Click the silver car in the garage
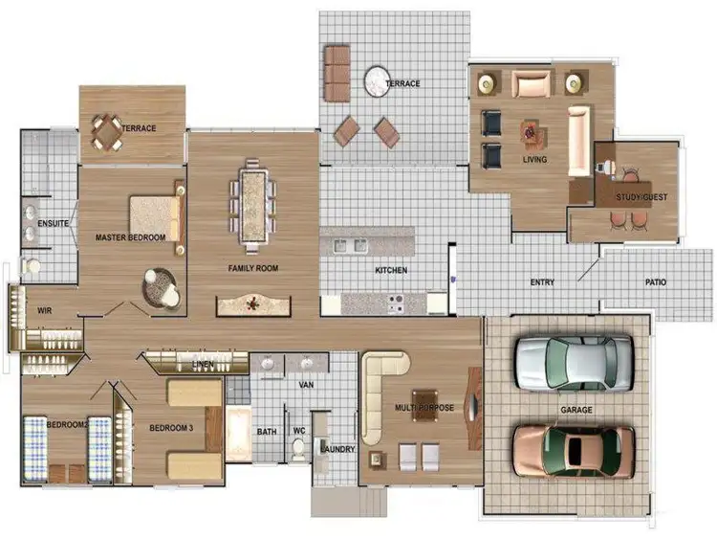point(573,362)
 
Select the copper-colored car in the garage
point(573,448)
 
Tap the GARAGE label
point(576,410)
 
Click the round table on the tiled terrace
point(376,77)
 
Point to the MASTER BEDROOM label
point(130,236)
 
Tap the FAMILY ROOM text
point(252,269)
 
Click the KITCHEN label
point(390,271)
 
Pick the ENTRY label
point(542,282)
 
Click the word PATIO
point(656,282)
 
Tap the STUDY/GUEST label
point(641,198)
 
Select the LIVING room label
point(534,160)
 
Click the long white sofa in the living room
point(579,141)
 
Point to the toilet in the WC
point(298,448)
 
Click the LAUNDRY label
point(337,449)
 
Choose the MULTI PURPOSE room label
point(424,408)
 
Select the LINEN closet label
point(203,365)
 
